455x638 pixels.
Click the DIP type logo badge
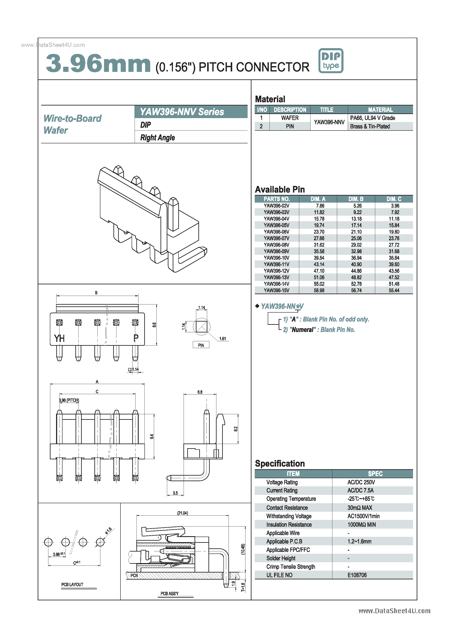point(331,61)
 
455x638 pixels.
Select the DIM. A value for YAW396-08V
point(319,245)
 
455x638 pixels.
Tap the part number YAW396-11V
point(276,264)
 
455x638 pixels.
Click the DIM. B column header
point(355,199)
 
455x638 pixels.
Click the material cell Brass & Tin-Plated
point(370,126)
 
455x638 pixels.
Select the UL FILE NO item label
point(279,575)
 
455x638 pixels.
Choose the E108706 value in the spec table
point(357,575)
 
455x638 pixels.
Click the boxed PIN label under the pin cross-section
point(201,345)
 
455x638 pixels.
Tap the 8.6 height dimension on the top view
point(154,325)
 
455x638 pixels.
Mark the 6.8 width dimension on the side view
point(200,392)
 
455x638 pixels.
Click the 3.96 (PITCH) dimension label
point(69,400)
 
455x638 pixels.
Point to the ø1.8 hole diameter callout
point(109,530)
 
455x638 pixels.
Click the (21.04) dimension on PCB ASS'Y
point(182,513)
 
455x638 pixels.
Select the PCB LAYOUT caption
point(72,585)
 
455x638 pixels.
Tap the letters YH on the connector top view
point(59,338)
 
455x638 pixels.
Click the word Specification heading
point(280,463)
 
